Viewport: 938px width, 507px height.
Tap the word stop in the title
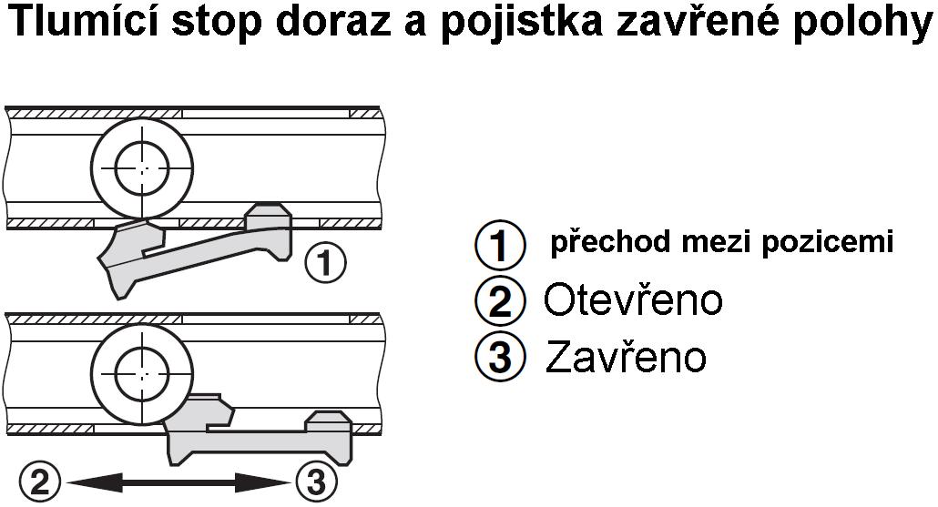[217, 24]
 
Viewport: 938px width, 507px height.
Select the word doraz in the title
[333, 22]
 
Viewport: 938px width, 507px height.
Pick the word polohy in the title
[862, 24]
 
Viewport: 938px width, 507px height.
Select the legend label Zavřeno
[626, 356]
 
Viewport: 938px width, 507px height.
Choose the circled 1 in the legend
[500, 245]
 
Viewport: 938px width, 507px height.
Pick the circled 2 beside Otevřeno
[500, 301]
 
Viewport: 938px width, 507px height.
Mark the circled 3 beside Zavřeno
[500, 357]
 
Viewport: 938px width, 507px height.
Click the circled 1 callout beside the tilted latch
[325, 262]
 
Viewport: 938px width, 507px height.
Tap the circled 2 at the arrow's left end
[40, 482]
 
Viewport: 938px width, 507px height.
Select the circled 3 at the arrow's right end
[316, 482]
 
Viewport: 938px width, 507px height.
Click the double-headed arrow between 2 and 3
[178, 482]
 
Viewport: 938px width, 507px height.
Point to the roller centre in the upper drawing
[142, 169]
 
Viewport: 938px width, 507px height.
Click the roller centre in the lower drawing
[142, 374]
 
